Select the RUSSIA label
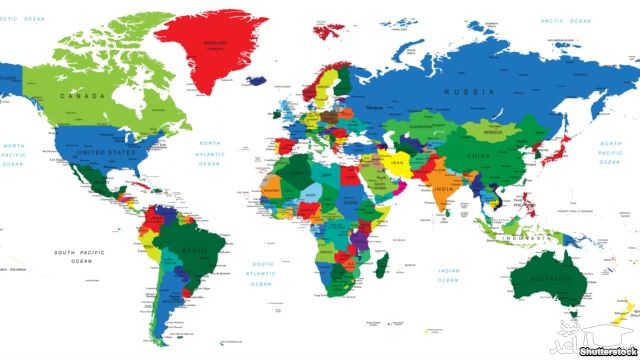click(x=470, y=92)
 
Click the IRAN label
click(x=396, y=161)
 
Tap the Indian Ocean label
click(x=450, y=275)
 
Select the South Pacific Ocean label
click(x=80, y=257)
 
